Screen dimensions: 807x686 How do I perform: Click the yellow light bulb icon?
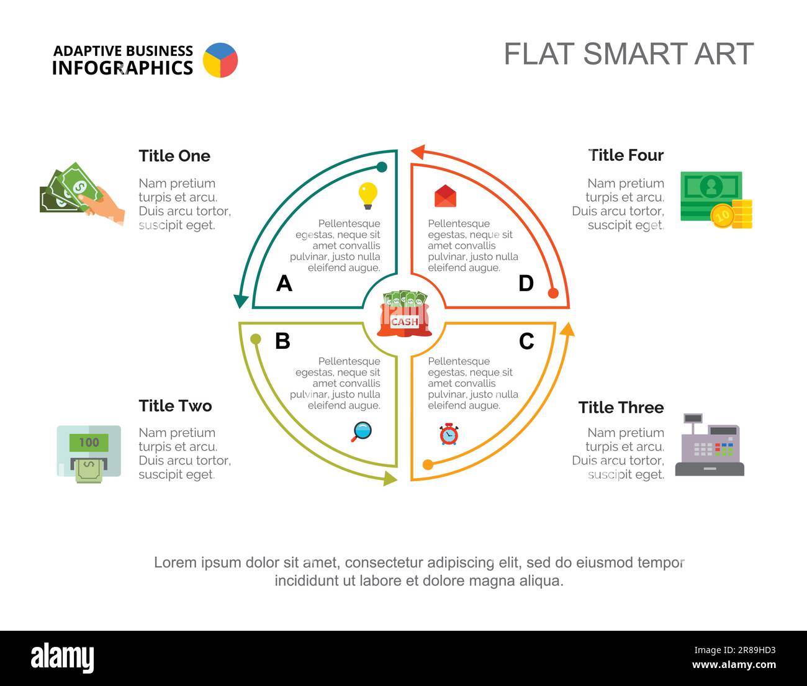367,196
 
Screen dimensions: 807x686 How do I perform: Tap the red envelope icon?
445,196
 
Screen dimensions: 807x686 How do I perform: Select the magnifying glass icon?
361,431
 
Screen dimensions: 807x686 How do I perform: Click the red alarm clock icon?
449,434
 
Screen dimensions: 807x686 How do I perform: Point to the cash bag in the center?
405,314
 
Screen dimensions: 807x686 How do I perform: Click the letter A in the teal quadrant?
284,283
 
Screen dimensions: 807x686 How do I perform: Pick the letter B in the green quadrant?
282,341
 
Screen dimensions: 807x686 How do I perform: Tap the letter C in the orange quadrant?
526,341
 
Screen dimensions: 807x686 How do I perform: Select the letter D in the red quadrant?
526,283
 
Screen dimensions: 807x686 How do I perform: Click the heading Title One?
174,156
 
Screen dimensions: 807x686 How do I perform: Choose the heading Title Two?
175,406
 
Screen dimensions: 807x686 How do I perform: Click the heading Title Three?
621,408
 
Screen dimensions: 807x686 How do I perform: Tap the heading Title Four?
626,155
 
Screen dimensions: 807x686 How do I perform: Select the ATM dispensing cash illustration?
89,454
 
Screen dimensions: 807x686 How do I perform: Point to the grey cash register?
710,445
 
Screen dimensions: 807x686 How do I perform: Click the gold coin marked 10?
723,215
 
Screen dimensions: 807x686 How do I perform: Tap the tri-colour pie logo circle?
220,60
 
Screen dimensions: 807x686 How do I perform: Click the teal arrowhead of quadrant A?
241,301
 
